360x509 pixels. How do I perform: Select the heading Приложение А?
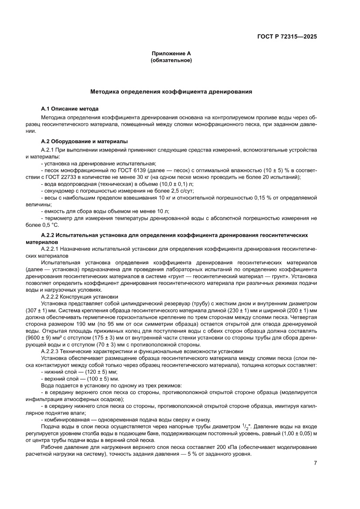coord(171,54)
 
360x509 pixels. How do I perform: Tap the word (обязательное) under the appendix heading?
coord(171,60)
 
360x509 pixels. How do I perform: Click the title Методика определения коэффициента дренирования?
coord(171,92)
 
